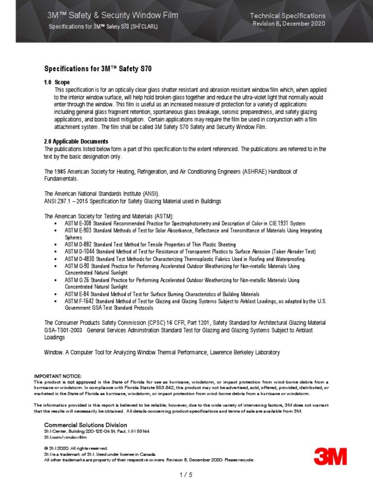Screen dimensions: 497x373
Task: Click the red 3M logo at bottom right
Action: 330,456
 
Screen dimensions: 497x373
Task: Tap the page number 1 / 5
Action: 186,475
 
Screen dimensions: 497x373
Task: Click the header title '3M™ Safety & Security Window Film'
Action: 113,16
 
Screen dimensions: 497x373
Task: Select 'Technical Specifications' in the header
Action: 288,16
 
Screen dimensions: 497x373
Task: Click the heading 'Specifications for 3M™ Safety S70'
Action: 98,69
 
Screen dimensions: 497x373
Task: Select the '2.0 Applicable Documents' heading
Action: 76,141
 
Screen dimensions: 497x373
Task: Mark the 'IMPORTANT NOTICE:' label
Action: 58,376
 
